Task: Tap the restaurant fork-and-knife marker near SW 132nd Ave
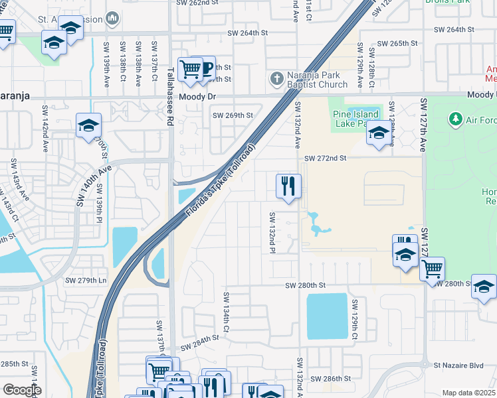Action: [288, 186]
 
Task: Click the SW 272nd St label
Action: [326, 159]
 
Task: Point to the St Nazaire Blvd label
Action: [458, 365]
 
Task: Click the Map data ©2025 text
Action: [468, 393]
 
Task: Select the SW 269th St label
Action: [233, 115]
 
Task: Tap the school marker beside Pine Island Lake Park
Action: [379, 133]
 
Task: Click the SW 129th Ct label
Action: [355, 320]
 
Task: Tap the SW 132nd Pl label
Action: [272, 232]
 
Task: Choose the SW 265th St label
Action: [397, 43]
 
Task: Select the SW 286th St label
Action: [333, 379]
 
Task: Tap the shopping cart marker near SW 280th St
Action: [432, 269]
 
